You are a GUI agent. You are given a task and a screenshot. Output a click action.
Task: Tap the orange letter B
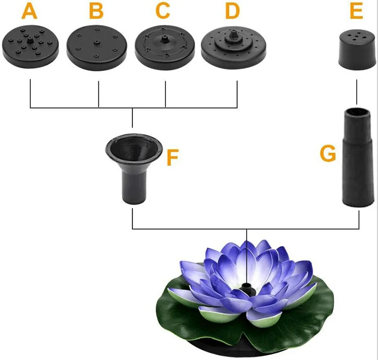tap(96, 11)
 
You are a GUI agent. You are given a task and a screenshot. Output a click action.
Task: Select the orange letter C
tap(163, 11)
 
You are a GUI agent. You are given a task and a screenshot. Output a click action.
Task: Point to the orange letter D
tap(232, 11)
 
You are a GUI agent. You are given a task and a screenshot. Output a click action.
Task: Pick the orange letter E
tap(356, 11)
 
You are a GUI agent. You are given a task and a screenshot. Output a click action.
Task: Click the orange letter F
tap(173, 158)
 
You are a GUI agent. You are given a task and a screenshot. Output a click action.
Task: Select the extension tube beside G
tap(357, 156)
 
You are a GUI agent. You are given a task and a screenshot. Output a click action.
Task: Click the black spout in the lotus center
tap(246, 289)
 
